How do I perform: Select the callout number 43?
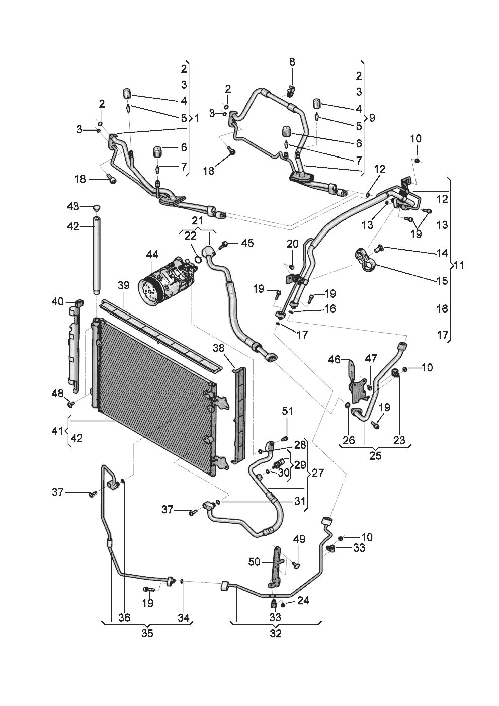(74, 207)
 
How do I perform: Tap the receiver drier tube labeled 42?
(97, 255)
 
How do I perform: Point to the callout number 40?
(58, 302)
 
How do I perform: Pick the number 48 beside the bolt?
(58, 394)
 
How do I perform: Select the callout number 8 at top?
(292, 62)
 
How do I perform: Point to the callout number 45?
(247, 244)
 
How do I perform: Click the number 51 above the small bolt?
(287, 411)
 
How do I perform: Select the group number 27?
(317, 473)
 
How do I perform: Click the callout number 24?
(303, 601)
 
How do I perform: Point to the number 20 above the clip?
(292, 244)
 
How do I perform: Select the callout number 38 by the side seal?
(219, 348)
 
